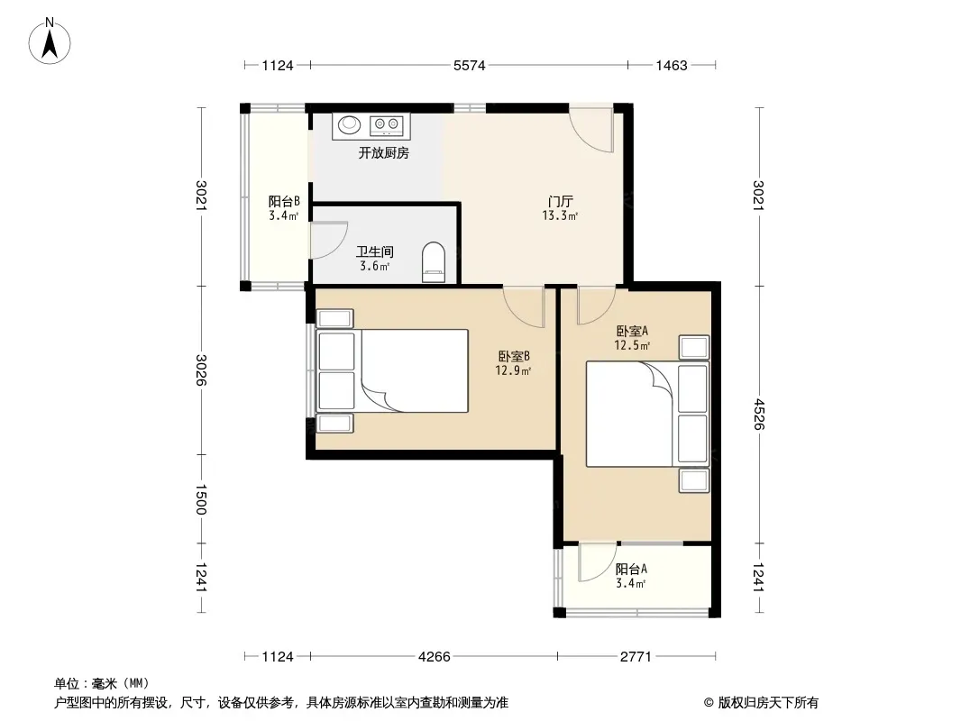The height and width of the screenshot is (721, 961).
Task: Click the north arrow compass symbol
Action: tap(50, 41)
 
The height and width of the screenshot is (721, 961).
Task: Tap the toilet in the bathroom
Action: tap(434, 262)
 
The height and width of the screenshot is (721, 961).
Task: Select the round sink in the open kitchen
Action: tap(350, 124)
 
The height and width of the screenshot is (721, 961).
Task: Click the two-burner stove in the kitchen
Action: tap(386, 125)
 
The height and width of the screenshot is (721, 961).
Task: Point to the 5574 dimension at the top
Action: tap(470, 65)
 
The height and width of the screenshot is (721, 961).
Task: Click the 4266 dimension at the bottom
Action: tap(434, 657)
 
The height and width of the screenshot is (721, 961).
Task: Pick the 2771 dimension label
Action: tap(636, 657)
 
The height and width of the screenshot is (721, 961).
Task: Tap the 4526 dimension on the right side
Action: tap(759, 415)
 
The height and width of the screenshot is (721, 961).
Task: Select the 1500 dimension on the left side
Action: tap(201, 499)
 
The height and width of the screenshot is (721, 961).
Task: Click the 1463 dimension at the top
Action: tap(672, 65)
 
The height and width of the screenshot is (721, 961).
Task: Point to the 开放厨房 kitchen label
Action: tap(384, 153)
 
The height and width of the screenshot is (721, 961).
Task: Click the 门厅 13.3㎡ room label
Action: tap(560, 208)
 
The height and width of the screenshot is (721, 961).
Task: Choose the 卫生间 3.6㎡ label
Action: tap(374, 259)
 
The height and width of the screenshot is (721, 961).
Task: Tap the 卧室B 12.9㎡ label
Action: tap(514, 362)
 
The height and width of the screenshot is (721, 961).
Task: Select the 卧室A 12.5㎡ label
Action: tap(633, 338)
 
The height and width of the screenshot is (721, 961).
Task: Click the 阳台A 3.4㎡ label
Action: tap(631, 576)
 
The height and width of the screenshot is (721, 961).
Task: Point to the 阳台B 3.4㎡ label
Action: tap(284, 208)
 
